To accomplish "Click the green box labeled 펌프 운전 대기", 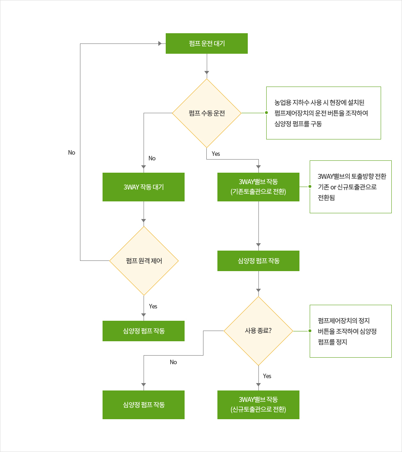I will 206,43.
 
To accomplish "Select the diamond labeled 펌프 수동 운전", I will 206,113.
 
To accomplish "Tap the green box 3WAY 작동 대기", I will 143,187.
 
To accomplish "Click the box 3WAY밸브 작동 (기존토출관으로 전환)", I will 258,187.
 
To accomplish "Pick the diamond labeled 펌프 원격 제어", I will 144,261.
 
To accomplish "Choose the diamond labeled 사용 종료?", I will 258,331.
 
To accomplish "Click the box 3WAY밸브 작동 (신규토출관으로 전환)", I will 258,404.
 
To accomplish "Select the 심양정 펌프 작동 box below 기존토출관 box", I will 258,261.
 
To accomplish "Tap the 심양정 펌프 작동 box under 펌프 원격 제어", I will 143,331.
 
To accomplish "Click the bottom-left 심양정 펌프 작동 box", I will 143,404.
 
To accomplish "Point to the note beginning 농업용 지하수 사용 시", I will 323,113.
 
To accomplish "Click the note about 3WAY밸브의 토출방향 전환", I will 350,187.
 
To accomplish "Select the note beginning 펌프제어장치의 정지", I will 350,331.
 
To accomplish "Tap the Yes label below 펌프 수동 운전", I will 216,154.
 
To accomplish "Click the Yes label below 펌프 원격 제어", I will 153,306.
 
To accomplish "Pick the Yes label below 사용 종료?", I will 267,376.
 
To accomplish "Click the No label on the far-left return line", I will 72,153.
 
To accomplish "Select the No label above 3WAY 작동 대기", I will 152,158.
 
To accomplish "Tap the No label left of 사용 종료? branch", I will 173,362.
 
